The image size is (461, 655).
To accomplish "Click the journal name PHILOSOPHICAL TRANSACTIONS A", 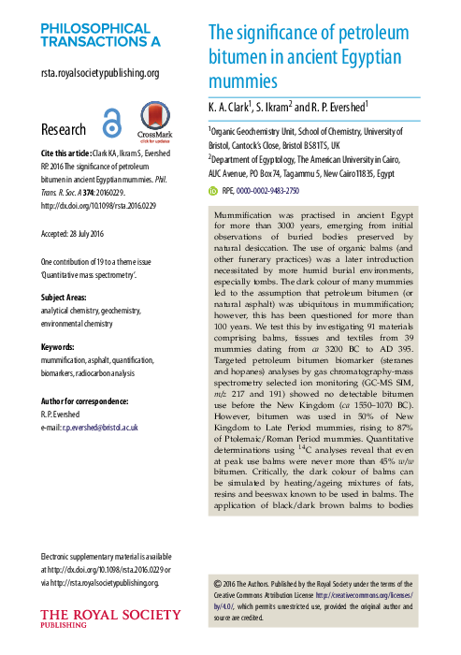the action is point(100,35).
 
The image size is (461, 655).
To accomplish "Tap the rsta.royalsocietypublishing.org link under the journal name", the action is point(99,73).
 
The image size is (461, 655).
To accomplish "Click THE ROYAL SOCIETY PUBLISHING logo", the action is point(110,619).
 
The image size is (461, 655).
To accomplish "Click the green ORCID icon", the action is point(210,190).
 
